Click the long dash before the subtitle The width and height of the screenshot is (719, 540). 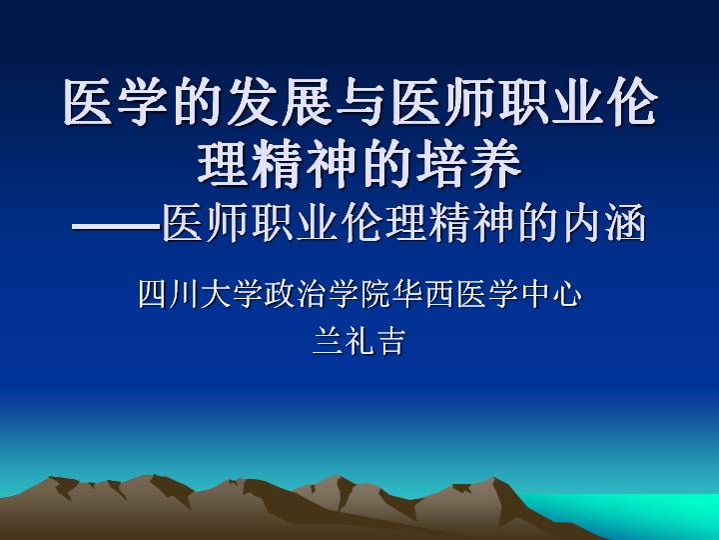coord(117,226)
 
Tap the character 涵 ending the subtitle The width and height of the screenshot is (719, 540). coord(626,224)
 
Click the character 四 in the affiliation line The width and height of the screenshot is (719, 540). coord(152,294)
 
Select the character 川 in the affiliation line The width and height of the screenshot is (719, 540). coord(184,294)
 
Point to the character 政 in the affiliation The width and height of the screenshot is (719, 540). coord(279,294)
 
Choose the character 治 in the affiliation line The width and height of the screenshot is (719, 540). coord(311,294)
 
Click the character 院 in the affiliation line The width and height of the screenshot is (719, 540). coord(374,294)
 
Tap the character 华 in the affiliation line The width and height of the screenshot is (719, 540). coord(406,294)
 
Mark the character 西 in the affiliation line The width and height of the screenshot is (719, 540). coord(438,294)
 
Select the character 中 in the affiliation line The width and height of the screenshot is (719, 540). coord(534,294)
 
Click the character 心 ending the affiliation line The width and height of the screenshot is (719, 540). coord(566,294)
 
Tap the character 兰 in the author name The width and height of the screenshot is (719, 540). coord(327,341)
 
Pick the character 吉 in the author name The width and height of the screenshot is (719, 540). coord(390,341)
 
